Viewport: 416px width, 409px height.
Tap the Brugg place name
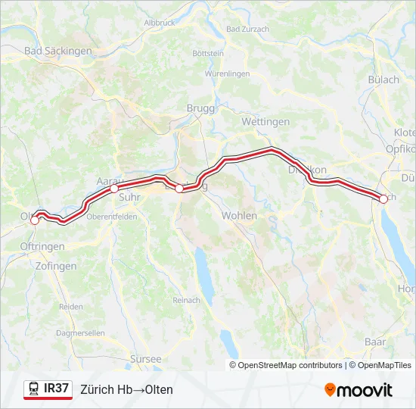pyautogui.click(x=200, y=108)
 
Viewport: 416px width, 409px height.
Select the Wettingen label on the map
pyautogui.click(x=265, y=122)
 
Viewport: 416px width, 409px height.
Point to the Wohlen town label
pyautogui.click(x=239, y=216)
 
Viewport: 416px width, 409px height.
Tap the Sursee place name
pyautogui.click(x=146, y=359)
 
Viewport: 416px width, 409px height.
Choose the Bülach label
pyautogui.click(x=383, y=80)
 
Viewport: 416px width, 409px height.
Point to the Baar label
pyautogui.click(x=374, y=342)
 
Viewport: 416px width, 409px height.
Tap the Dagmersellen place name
pyautogui.click(x=81, y=333)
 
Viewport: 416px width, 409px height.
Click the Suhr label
pyautogui.click(x=129, y=197)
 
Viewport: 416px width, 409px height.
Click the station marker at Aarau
pyautogui.click(x=114, y=189)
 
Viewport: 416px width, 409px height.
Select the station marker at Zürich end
pyautogui.click(x=383, y=198)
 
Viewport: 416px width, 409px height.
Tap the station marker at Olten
pyautogui.click(x=34, y=220)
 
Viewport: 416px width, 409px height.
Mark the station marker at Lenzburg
pyautogui.click(x=179, y=189)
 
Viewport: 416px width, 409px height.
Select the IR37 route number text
pyautogui.click(x=57, y=389)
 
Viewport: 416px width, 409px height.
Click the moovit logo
pyautogui.click(x=359, y=390)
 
